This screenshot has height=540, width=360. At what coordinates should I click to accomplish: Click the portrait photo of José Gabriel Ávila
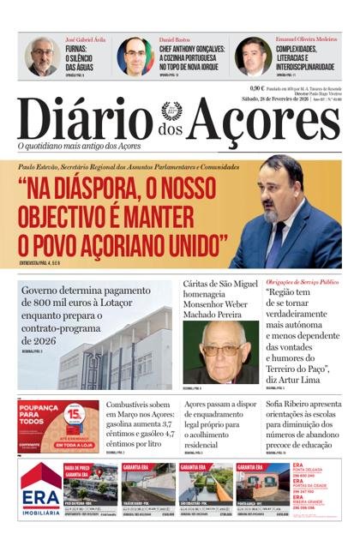click(42, 57)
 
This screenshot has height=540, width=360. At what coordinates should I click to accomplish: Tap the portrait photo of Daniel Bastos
click(135, 57)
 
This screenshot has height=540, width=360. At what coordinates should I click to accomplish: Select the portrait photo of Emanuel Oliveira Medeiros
click(253, 57)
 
